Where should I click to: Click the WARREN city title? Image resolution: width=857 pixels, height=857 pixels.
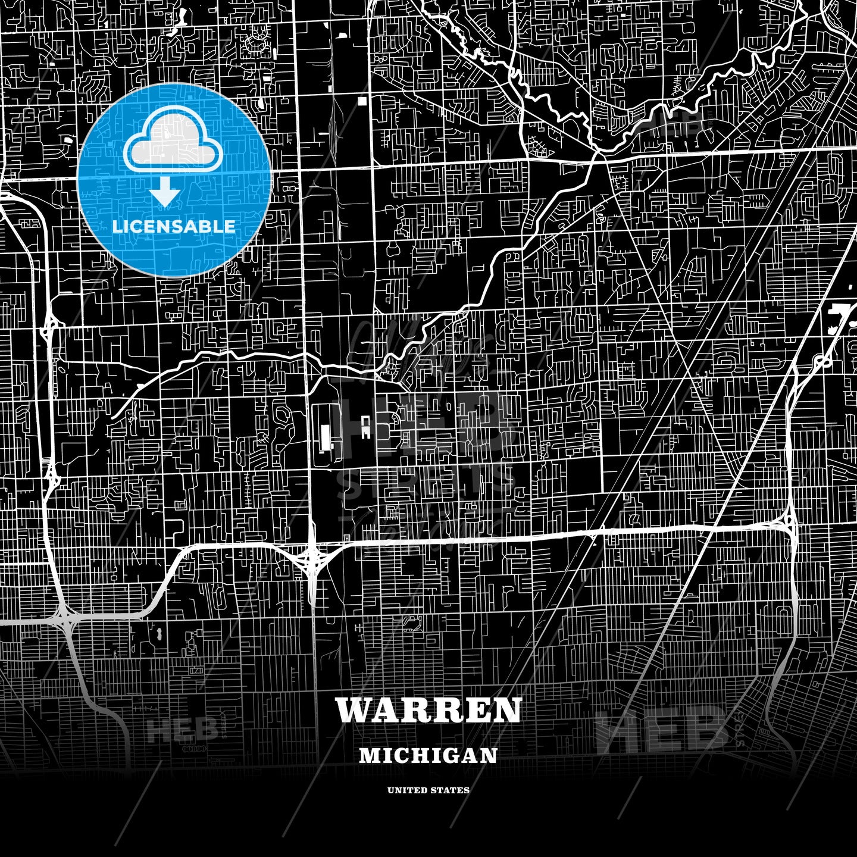[x=428, y=710]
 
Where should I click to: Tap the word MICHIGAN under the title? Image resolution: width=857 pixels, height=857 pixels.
[x=428, y=755]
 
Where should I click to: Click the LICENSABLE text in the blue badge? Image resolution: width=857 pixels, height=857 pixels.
[x=174, y=227]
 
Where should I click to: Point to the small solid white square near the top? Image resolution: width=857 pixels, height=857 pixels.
[x=362, y=101]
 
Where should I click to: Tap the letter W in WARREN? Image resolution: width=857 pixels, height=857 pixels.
[x=352, y=710]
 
